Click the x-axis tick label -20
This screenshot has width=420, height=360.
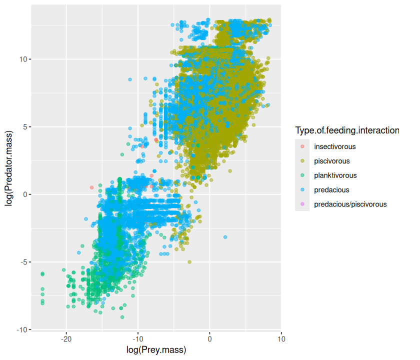coord(66,338)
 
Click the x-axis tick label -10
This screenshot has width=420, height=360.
coord(137,338)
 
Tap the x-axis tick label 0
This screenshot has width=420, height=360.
coord(209,338)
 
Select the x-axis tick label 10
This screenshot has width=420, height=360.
coord(281,338)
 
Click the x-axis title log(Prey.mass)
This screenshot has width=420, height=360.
coord(156,349)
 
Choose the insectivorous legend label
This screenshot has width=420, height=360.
coord(335,147)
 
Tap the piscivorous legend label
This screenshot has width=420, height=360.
coord(332,161)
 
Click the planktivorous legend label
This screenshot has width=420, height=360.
coord(335,175)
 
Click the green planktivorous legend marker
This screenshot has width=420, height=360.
coord(302,175)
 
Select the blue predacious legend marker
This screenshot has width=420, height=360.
coord(302,190)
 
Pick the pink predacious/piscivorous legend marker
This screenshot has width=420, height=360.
coord(302,204)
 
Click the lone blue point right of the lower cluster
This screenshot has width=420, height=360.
coord(225,236)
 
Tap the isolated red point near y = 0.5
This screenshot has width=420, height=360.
coord(91,187)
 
